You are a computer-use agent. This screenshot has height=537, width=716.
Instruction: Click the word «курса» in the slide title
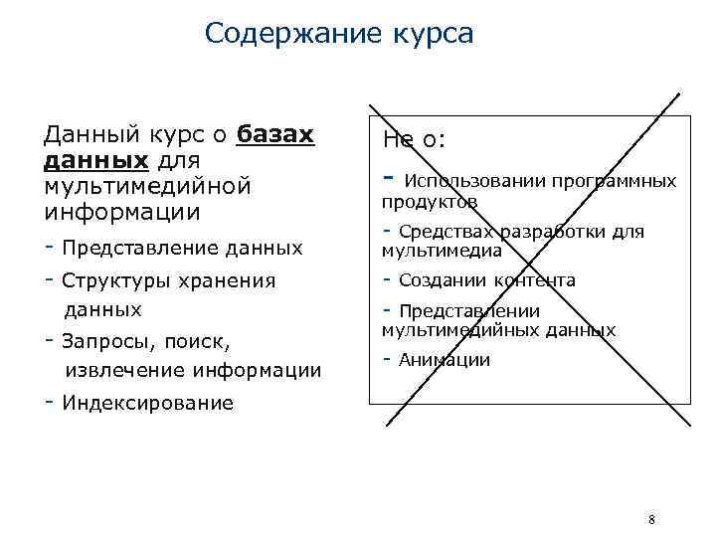(x=426, y=34)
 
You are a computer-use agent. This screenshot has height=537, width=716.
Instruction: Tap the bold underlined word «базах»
(x=275, y=134)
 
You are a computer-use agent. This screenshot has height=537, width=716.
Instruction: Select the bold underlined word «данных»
(x=95, y=160)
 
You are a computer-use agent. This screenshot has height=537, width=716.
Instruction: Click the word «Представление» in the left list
(x=123, y=247)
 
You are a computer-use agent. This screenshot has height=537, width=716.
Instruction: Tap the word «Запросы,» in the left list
(x=102, y=341)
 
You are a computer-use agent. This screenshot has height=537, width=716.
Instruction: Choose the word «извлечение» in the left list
(x=123, y=371)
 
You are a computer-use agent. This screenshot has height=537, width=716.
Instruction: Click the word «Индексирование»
(x=147, y=403)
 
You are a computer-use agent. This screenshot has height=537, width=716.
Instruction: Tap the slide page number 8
(x=650, y=519)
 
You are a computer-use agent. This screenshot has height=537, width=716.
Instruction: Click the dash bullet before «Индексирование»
(x=49, y=402)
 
